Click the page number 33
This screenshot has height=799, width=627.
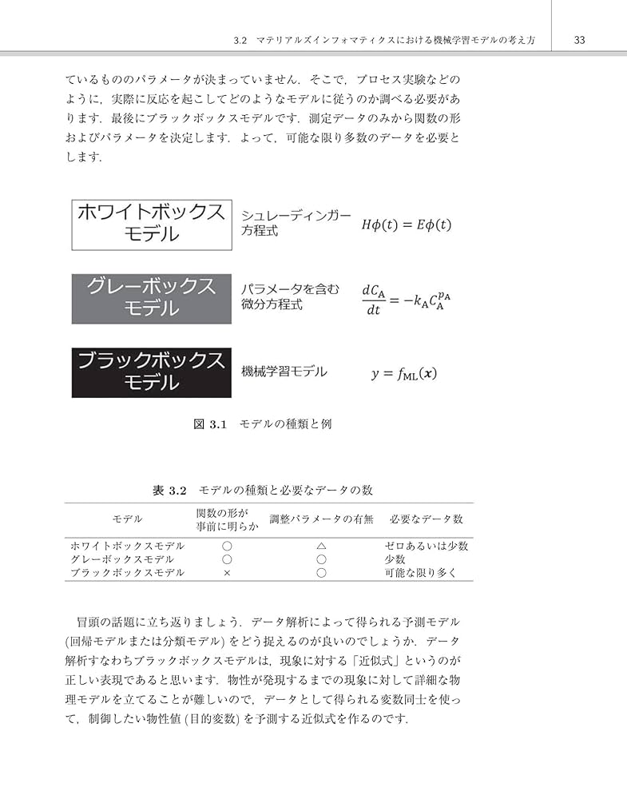tap(580, 39)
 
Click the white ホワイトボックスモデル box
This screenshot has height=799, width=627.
tap(152, 223)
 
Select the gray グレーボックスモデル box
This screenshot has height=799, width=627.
tap(152, 298)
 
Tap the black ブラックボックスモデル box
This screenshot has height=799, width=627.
tap(152, 372)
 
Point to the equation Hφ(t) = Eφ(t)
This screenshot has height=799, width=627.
tap(406, 225)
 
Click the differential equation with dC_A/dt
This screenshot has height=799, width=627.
tap(406, 299)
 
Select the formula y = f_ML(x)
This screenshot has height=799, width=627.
tap(403, 373)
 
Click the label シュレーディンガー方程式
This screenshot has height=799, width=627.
tap(296, 223)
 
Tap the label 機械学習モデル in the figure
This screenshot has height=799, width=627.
tap(284, 372)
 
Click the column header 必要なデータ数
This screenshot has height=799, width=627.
tap(426, 519)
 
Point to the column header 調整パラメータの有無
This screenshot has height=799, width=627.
tap(321, 519)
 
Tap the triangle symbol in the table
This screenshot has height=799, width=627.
tap(321, 546)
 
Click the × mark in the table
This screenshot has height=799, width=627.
tap(227, 573)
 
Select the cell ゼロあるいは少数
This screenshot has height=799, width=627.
tap(426, 546)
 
